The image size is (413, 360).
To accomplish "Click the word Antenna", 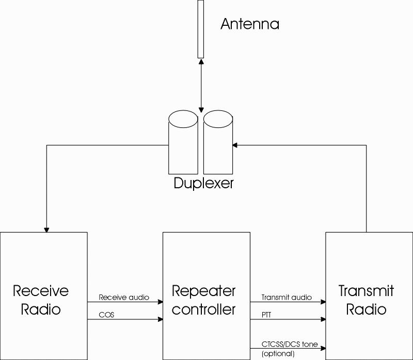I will coord(250,24).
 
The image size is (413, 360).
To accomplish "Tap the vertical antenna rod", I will coord(200,29).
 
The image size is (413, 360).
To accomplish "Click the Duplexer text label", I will coord(203,183).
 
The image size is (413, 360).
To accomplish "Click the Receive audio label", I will coord(124,298).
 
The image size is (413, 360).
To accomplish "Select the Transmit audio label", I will coord(287,298).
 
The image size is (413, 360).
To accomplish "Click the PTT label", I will coord(266,315).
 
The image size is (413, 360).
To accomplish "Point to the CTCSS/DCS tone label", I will coord(289,344).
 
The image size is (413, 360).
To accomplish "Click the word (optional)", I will coord(278,353).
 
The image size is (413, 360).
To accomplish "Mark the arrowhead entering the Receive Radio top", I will coord(46,230).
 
